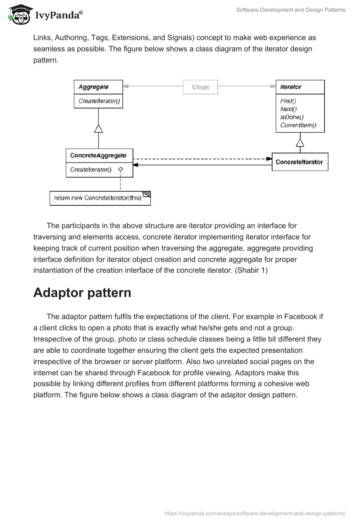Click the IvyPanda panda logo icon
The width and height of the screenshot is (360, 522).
(18, 15)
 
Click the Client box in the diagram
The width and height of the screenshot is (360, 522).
(200, 87)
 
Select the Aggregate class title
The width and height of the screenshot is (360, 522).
(94, 87)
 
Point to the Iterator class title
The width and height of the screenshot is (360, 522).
(291, 87)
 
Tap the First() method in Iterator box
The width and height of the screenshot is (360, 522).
(288, 101)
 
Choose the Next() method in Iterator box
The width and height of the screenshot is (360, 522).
(288, 109)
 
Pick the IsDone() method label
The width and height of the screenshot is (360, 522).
(292, 117)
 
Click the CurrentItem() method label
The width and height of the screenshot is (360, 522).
(298, 125)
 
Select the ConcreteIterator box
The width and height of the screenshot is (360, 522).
(300, 162)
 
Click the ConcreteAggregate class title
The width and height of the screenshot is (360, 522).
(98, 156)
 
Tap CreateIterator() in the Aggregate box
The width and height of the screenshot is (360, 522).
(99, 101)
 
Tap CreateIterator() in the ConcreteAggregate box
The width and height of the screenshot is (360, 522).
(91, 170)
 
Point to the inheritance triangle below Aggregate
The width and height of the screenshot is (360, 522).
(98, 129)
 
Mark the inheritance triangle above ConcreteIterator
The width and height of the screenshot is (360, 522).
(300, 143)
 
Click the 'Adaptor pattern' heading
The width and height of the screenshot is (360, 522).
(82, 292)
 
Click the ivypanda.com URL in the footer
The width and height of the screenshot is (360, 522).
(255, 513)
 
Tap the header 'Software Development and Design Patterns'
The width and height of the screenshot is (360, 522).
(291, 10)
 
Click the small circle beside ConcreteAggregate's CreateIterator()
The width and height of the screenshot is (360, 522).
(120, 169)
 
